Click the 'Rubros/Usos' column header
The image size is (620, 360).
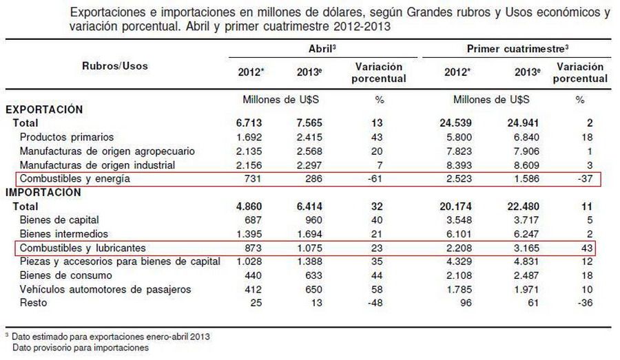115,66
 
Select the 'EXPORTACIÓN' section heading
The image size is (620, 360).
44,109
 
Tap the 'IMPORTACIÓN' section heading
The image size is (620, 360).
44,192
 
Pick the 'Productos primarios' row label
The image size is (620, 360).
67,137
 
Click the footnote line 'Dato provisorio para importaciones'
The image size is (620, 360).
80,348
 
